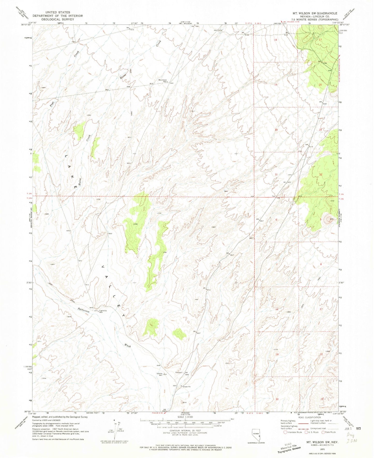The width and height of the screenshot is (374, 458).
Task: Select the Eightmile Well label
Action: pyautogui.click(x=103, y=311)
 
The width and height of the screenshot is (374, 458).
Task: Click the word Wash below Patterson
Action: pyautogui.click(x=127, y=346)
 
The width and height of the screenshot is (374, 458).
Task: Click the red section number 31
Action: pyautogui.click(x=276, y=174)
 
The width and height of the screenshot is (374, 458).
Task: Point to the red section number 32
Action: pyautogui.click(x=320, y=174)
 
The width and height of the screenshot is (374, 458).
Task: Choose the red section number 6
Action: pyautogui.click(x=276, y=220)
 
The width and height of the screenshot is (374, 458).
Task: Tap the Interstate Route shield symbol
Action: pyautogui.click(x=285, y=432)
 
